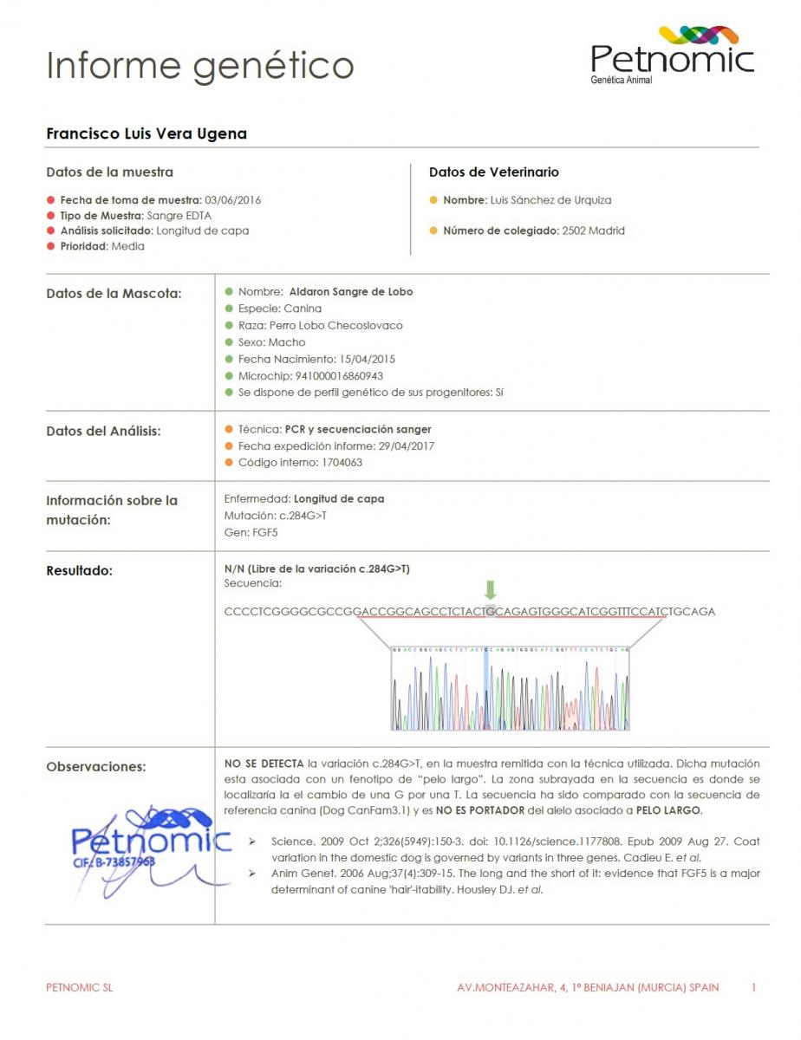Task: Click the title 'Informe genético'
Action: pyautogui.click(x=200, y=66)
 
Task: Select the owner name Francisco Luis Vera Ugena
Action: pyautogui.click(x=147, y=133)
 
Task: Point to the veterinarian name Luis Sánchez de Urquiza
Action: pyautogui.click(x=550, y=200)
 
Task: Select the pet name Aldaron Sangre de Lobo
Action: pyautogui.click(x=350, y=292)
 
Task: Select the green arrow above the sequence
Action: pyautogui.click(x=491, y=590)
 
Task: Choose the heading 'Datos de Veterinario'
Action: pyautogui.click(x=494, y=172)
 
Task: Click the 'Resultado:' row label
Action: pyautogui.click(x=79, y=571)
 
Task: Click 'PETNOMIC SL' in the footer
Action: pyautogui.click(x=79, y=987)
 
